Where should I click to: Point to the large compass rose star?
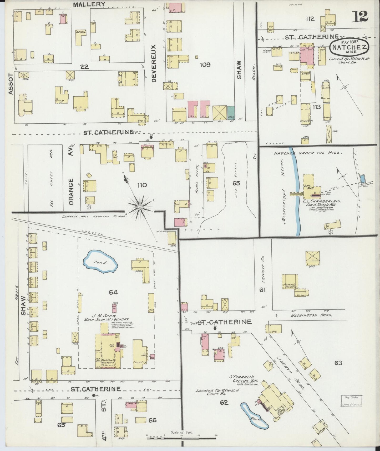140,207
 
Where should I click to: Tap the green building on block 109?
231,112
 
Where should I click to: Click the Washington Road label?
312,315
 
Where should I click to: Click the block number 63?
338,363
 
